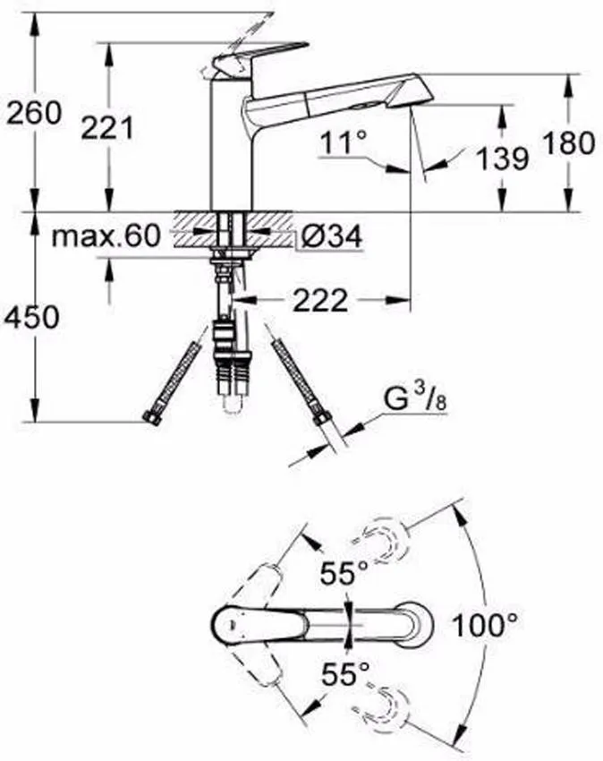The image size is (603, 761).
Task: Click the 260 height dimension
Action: (x=33, y=114)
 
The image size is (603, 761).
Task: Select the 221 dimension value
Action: (x=106, y=128)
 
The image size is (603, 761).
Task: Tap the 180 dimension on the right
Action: (x=568, y=142)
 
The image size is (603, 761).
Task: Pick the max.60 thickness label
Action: (x=106, y=236)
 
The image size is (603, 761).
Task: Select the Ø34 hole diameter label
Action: (x=330, y=237)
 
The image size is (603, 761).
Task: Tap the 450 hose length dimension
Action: (x=33, y=316)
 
